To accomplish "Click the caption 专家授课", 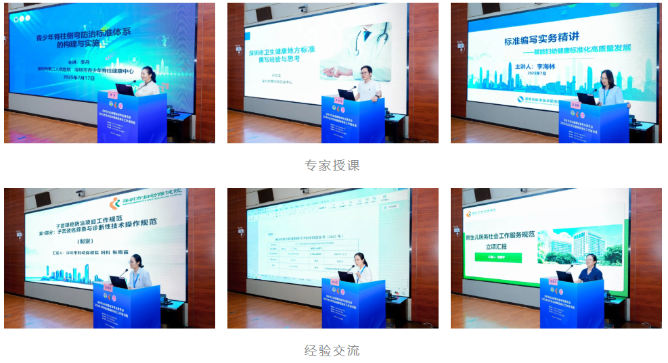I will (x=332, y=166).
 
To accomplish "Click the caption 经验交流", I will (x=332, y=350).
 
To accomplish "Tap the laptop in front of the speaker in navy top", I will (x=564, y=276).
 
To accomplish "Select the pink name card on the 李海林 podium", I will (x=577, y=105).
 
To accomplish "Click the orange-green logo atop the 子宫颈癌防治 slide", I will (x=115, y=201).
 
